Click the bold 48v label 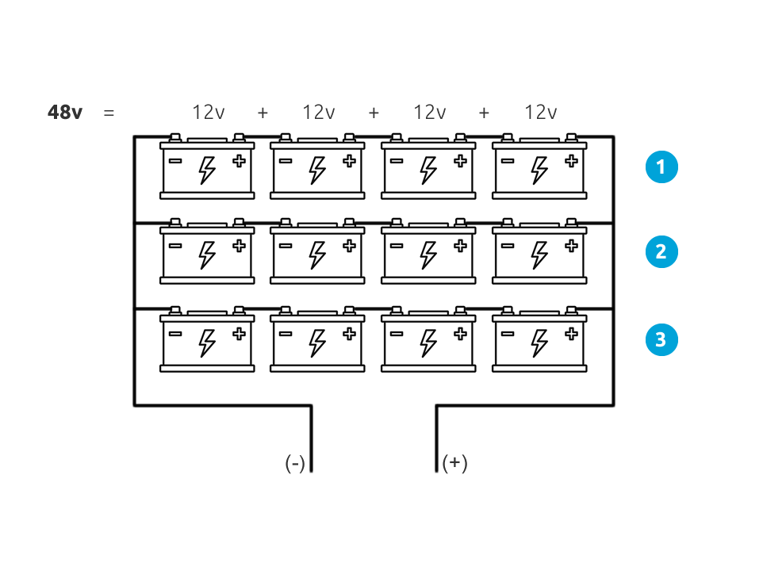(64, 113)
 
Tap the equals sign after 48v (109, 113)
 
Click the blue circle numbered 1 (661, 167)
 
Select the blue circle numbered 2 (661, 252)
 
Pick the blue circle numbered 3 (661, 340)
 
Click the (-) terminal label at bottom (295, 463)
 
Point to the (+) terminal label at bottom (455, 463)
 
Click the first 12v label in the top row (208, 113)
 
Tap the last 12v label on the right (540, 113)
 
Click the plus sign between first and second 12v (263, 113)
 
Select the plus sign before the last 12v (484, 113)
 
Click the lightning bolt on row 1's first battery (207, 169)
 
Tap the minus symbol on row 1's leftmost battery (175, 161)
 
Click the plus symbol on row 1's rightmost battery (571, 161)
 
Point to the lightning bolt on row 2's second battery (317, 255)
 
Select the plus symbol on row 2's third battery (460, 246)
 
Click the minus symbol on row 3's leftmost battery (175, 334)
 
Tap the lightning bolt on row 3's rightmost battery (539, 342)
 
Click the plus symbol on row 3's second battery (349, 334)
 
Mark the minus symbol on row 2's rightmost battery (508, 246)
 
